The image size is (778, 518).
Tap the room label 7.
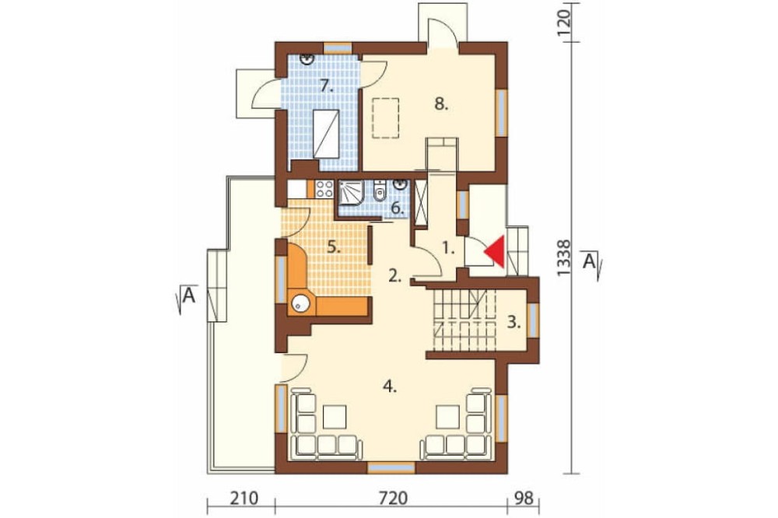click(326, 86)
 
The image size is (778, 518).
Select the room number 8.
click(441, 104)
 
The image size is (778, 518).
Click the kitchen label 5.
click(335, 247)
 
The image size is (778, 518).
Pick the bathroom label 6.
click(397, 208)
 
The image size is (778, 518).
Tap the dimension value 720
click(394, 498)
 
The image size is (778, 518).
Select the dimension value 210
click(244, 498)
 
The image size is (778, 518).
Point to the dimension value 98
click(524, 498)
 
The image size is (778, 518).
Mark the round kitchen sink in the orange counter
click(300, 303)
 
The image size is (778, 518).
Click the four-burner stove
click(324, 189)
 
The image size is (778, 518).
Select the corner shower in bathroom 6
click(352, 194)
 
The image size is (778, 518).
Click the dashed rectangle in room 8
click(386, 117)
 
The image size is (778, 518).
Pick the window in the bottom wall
click(391, 468)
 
